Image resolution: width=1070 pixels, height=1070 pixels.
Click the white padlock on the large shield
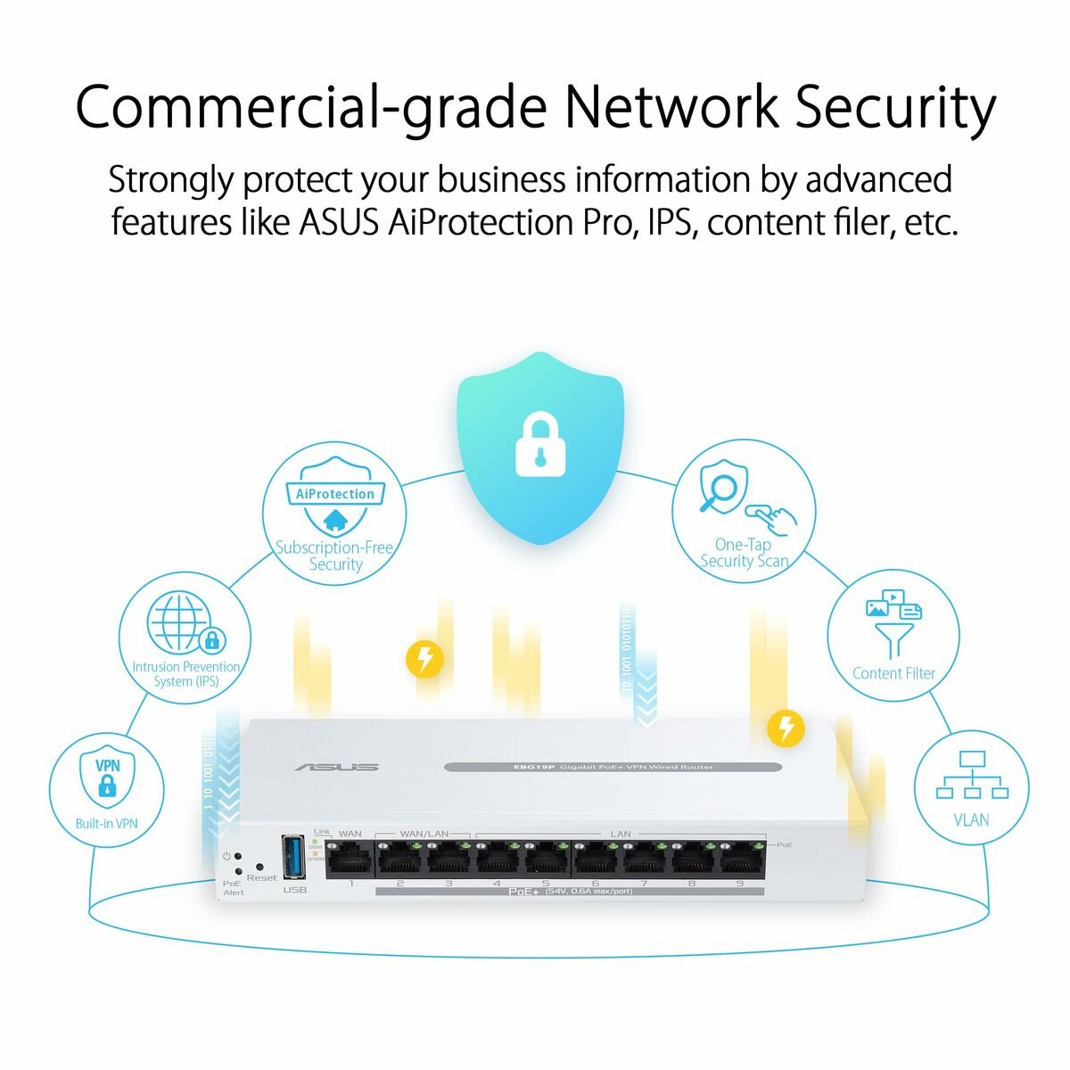click(539, 444)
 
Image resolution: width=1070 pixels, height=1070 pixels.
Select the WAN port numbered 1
click(350, 860)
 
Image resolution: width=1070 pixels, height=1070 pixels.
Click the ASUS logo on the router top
click(337, 767)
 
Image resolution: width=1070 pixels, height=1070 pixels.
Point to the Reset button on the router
click(259, 866)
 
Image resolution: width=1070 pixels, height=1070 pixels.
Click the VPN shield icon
click(107, 778)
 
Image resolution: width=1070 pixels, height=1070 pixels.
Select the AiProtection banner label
click(335, 494)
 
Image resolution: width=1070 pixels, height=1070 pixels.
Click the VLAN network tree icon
click(972, 776)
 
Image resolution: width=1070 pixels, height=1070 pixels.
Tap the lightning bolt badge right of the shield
click(786, 728)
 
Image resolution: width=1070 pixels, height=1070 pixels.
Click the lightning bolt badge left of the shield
click(424, 659)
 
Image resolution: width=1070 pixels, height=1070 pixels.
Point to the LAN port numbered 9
click(739, 860)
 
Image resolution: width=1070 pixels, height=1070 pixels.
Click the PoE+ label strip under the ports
click(571, 891)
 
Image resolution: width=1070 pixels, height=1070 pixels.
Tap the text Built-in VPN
click(106, 823)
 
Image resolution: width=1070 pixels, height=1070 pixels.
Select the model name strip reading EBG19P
click(613, 767)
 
